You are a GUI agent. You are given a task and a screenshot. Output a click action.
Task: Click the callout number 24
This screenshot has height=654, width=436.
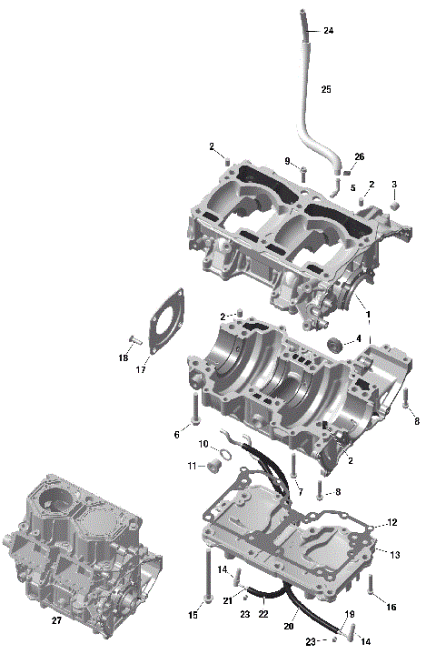pos(328,31)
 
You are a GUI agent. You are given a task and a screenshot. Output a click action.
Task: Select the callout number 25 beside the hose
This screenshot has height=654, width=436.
pos(326,89)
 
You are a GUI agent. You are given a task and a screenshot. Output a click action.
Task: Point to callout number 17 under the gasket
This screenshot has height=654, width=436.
pos(141,369)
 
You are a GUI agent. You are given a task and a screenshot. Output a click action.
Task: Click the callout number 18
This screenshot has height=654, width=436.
pos(123,357)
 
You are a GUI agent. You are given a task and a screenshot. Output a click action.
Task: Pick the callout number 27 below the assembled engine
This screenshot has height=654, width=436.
pos(56,620)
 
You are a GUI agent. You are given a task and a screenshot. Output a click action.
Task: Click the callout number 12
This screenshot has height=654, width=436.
pos(392,522)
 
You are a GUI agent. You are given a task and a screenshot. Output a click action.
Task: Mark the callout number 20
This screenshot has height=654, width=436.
pos(291,627)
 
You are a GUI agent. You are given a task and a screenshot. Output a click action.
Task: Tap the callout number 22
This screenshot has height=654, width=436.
pos(263,614)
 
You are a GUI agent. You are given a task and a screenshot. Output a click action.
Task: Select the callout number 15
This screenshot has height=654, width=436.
pos(193,616)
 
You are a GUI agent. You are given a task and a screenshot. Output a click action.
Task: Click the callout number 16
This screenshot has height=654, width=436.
pos(391,607)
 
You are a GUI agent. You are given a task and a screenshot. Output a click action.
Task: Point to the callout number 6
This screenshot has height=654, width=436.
pos(176,435)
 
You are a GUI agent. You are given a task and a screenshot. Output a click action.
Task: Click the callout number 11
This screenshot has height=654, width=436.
pos(192,466)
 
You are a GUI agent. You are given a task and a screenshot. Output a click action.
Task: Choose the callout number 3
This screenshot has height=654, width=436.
pos(394,185)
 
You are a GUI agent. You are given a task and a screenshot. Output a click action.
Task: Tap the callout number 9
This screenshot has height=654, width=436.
pos(287,161)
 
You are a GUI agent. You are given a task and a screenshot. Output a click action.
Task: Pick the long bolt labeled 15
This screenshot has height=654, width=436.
pos(208,572)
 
